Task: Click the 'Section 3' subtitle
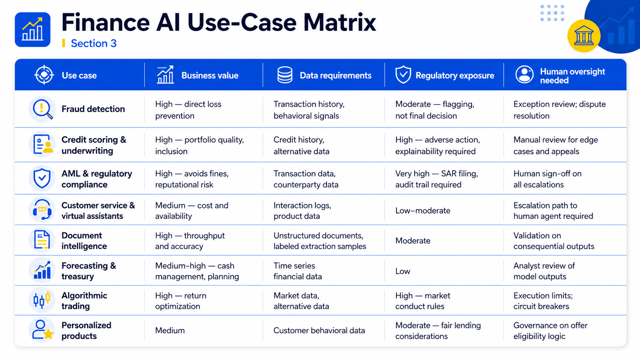coord(94,43)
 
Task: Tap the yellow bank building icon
coord(584,36)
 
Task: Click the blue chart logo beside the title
coord(33,29)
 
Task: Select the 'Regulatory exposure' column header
coord(455,75)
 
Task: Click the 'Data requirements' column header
coord(335,75)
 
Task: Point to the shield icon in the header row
coord(403,75)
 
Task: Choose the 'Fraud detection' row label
coord(93,109)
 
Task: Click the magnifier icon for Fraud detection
coord(42,109)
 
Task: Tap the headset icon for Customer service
coord(42,210)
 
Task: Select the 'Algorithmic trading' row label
coord(84,301)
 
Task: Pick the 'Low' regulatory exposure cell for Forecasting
coord(403,271)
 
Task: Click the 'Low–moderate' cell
coord(423,211)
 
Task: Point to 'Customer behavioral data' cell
coord(319,331)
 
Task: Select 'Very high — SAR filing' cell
coord(437,179)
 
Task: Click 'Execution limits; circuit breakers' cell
coord(543,301)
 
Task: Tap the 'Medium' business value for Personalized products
coord(170,331)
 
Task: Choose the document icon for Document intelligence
coord(42,240)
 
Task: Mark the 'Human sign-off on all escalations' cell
coord(547,179)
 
